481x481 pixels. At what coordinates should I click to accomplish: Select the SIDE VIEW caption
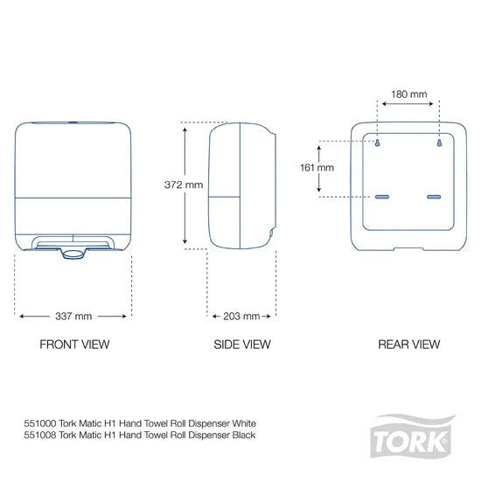(241, 345)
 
